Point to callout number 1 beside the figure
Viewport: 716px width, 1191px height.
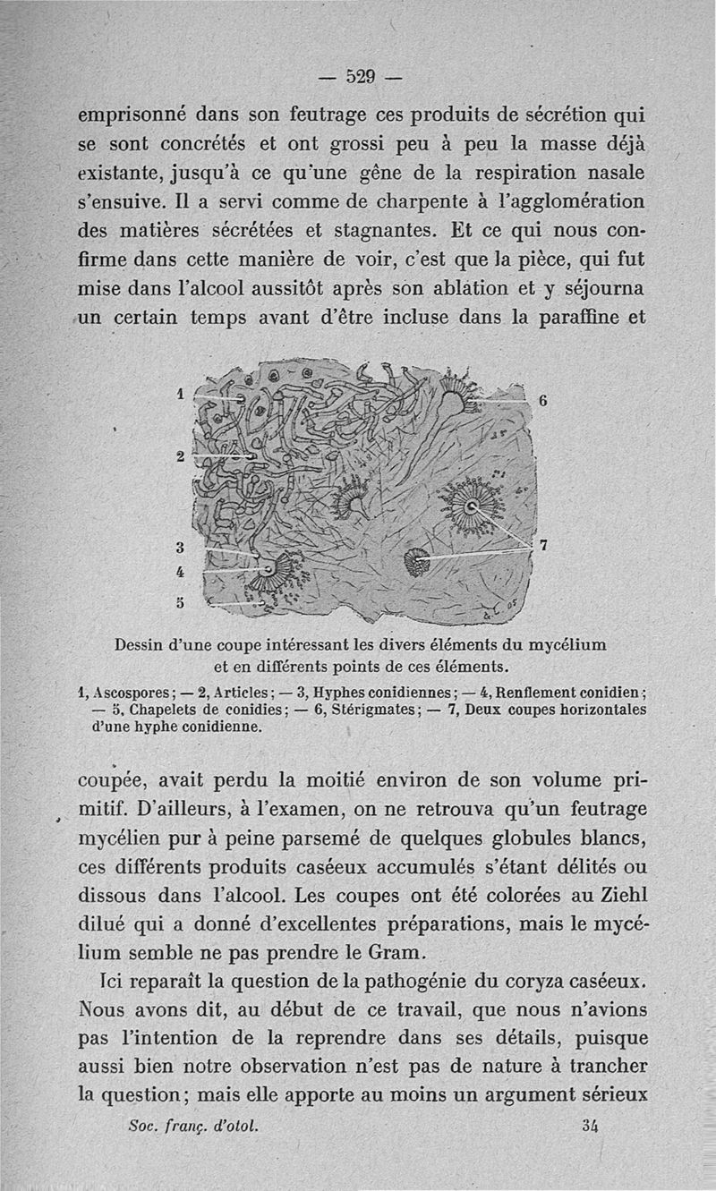coord(180,392)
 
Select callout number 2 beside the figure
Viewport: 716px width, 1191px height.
coord(180,456)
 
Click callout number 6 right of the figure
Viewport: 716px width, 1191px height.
coord(541,402)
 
